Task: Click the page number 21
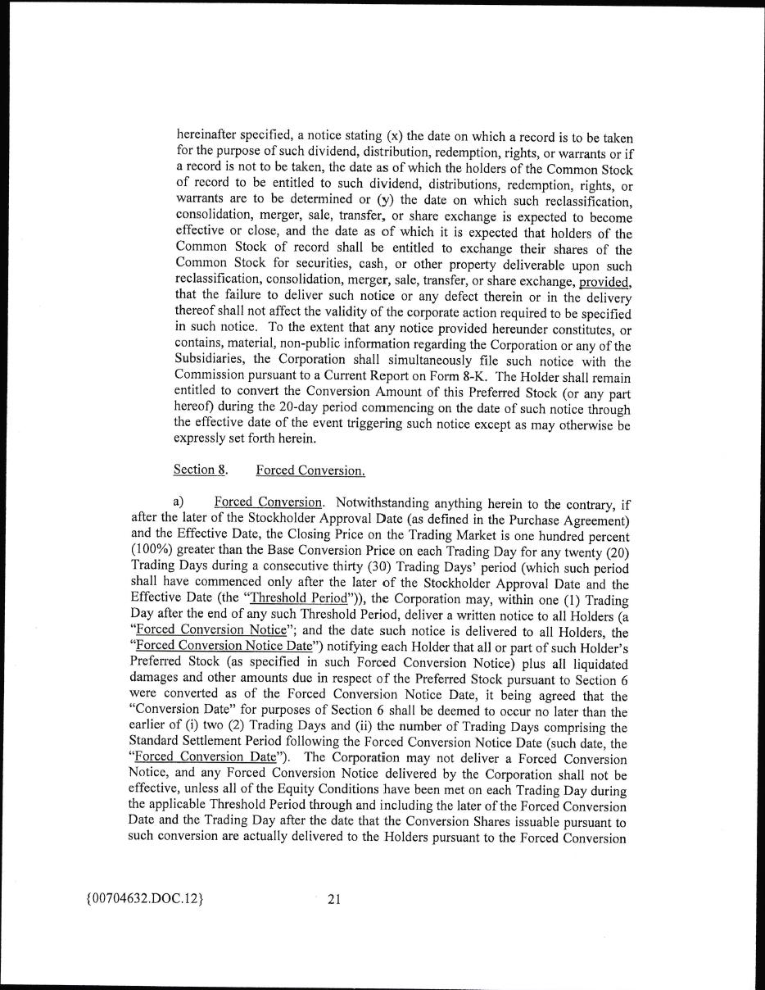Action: (333, 899)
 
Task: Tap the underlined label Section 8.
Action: (200, 470)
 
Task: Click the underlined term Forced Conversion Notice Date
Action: (215, 647)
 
